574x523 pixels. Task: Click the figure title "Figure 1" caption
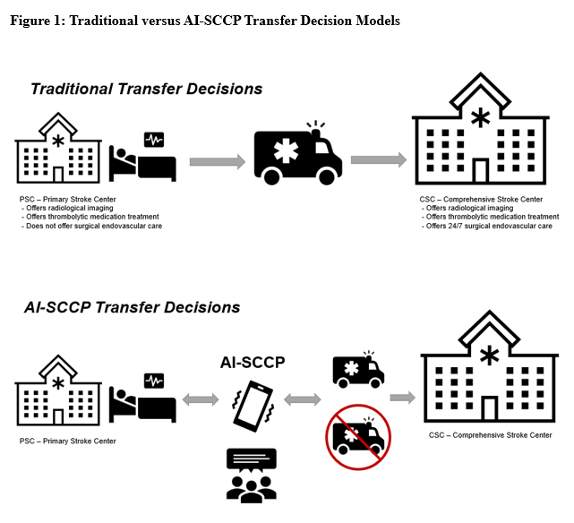click(x=205, y=21)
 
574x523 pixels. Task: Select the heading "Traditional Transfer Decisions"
click(x=146, y=89)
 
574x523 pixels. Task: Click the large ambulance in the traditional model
click(x=299, y=154)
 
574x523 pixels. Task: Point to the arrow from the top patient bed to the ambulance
click(x=216, y=162)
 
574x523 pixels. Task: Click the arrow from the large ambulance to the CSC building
click(x=378, y=160)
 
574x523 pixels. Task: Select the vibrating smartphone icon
click(x=252, y=406)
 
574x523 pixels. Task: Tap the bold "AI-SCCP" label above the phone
click(x=252, y=363)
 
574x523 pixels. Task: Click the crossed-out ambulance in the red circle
click(x=357, y=436)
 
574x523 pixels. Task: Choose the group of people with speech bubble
click(x=252, y=474)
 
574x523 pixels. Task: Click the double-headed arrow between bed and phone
click(x=201, y=398)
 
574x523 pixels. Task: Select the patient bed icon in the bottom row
click(x=143, y=400)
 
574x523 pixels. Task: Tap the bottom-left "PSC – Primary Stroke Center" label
click(x=67, y=441)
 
